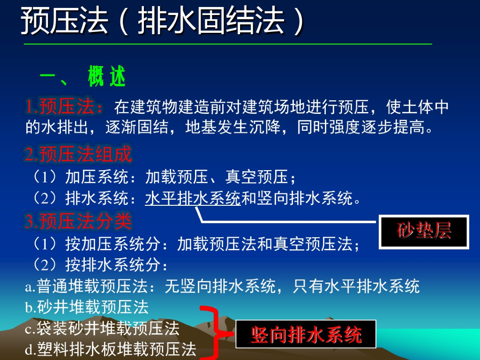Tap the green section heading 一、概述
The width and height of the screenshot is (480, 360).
(x=83, y=77)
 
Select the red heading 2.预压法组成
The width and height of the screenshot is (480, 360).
(x=78, y=154)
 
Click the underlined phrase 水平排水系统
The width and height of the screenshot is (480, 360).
(x=193, y=198)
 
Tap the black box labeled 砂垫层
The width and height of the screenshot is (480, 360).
(x=424, y=231)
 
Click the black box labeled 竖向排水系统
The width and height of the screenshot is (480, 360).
(x=306, y=334)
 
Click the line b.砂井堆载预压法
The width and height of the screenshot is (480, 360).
(x=87, y=307)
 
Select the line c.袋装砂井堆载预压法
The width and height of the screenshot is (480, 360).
(x=102, y=329)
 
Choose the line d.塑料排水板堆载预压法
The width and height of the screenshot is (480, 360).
(x=111, y=350)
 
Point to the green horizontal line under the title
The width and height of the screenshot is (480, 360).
(x=228, y=44)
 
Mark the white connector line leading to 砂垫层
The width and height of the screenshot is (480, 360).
(x=291, y=221)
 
